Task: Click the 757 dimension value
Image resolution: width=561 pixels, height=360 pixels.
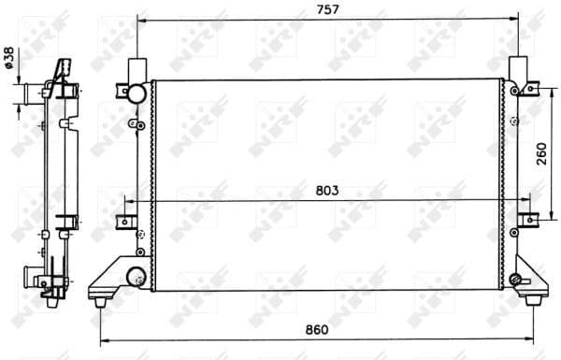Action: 327,9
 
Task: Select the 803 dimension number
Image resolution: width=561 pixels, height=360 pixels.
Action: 325,190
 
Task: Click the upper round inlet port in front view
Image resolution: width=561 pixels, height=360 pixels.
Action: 137,93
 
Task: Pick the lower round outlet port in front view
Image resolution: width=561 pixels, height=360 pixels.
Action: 136,276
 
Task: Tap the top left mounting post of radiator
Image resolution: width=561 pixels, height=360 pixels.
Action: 137,69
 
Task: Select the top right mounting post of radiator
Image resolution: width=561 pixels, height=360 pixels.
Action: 516,69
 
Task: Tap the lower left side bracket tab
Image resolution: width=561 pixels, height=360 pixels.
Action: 122,221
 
